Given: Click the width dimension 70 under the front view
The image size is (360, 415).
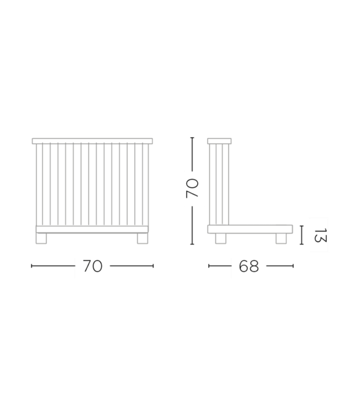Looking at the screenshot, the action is [92, 266].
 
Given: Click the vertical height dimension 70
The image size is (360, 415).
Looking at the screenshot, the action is [192, 188].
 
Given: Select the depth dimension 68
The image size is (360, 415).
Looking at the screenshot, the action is [249, 266].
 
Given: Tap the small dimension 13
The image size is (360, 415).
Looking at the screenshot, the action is [321, 235].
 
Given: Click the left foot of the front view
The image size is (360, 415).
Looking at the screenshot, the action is [41, 238].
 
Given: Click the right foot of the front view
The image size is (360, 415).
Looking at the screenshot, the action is [142, 238].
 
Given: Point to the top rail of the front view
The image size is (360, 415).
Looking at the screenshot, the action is [92, 141].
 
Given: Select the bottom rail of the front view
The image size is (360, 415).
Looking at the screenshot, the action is [92, 230].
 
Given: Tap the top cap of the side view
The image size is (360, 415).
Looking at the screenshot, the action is [219, 141].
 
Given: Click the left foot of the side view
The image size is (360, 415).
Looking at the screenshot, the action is [220, 238].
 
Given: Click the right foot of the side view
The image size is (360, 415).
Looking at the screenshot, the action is [281, 238].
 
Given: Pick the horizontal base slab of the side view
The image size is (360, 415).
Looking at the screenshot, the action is [250, 229].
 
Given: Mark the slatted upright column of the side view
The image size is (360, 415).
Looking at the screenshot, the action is [219, 184].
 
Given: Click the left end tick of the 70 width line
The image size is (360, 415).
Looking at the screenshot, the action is [32, 266].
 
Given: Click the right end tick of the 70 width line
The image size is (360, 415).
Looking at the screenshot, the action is [153, 266].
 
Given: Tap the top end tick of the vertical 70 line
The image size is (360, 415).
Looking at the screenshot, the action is [192, 138].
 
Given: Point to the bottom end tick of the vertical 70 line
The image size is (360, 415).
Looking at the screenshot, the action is [192, 244].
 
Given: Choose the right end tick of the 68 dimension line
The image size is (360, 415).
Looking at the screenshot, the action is [293, 266].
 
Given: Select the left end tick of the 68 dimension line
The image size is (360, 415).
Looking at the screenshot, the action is [209, 266].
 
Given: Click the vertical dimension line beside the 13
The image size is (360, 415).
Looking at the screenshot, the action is [301, 235].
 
